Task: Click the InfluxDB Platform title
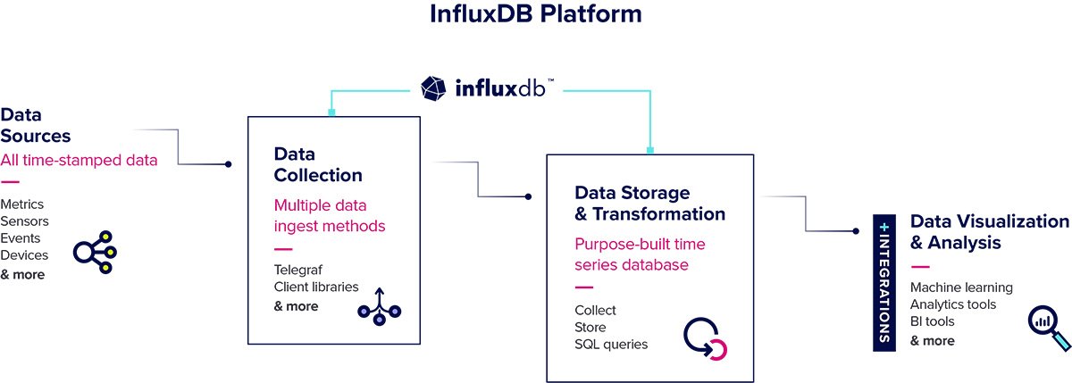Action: click(x=536, y=15)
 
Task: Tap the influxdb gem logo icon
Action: click(x=434, y=88)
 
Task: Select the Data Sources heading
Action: click(x=36, y=126)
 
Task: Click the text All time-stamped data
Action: click(x=79, y=161)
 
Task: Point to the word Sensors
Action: click(x=25, y=221)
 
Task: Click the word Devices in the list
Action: click(x=24, y=256)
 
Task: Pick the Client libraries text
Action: click(x=316, y=287)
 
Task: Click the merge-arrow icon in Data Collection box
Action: click(x=380, y=304)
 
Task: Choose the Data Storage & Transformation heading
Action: click(x=649, y=204)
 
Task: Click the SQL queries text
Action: click(x=611, y=345)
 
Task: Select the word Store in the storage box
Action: click(x=590, y=328)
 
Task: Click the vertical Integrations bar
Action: click(x=884, y=280)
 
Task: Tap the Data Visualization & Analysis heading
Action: click(x=989, y=232)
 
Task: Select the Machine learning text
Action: click(x=961, y=287)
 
